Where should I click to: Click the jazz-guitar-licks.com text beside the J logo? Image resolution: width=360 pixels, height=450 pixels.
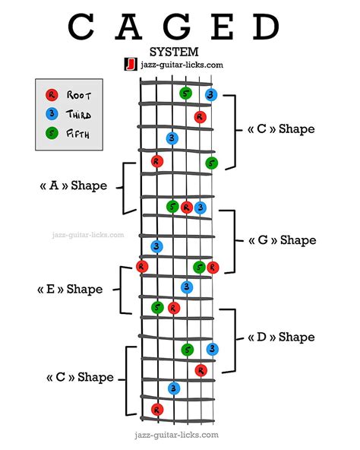[182, 65]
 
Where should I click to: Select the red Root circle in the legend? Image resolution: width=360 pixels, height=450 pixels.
[51, 96]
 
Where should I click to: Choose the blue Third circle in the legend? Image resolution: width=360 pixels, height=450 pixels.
[51, 114]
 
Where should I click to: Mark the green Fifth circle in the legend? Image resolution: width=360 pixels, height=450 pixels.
[51, 133]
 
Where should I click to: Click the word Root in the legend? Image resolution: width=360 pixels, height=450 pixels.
[80, 96]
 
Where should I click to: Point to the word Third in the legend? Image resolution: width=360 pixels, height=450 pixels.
[81, 114]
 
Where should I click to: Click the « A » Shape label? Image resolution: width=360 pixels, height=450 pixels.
[73, 186]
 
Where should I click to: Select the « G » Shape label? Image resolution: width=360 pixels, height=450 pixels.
[282, 240]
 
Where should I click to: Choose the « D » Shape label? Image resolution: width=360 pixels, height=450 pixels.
[281, 337]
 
